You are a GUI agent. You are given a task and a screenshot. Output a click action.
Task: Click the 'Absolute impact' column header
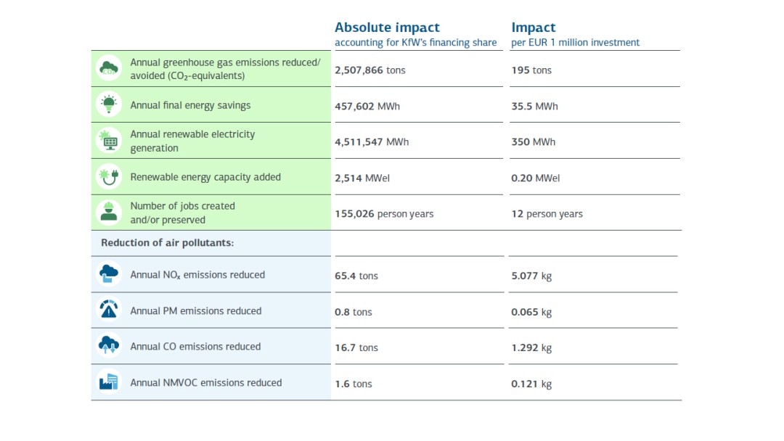[x=387, y=28]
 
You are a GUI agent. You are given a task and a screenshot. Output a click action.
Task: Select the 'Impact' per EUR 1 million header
[x=534, y=28]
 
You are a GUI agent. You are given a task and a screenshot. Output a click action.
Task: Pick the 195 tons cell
[x=531, y=70]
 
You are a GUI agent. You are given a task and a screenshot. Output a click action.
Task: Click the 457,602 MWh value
[x=367, y=106]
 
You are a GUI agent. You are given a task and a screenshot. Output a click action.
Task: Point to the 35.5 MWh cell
[x=535, y=106]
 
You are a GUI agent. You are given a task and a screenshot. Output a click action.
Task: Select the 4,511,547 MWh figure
[x=372, y=142]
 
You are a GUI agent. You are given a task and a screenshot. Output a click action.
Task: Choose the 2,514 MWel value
[x=362, y=178]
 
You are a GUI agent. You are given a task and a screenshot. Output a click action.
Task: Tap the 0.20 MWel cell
[x=536, y=178]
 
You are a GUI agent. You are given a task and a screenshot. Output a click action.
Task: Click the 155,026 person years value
[x=384, y=214]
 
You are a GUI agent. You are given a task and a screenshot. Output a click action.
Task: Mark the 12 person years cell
[x=547, y=214]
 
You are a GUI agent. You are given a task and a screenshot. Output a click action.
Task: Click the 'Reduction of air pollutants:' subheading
[x=167, y=243]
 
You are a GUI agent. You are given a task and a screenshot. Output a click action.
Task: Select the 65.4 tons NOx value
[x=356, y=276]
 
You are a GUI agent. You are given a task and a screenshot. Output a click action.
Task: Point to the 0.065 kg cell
[x=531, y=312]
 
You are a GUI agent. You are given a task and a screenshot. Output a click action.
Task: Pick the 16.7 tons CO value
[x=356, y=347]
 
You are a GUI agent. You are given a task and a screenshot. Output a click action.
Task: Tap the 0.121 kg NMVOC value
[x=531, y=384]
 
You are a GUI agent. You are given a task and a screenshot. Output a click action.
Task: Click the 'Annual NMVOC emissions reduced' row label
[x=206, y=382]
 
